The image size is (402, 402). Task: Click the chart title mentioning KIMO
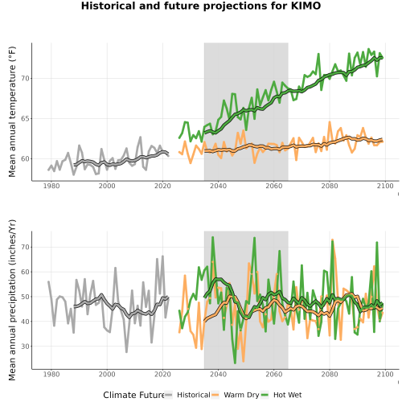point(201,6)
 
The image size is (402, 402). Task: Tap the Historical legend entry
point(187,395)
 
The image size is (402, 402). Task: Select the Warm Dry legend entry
point(236,395)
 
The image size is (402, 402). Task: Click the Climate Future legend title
point(133,395)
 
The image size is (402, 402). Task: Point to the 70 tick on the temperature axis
point(26,79)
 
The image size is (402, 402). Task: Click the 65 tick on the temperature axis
point(26,119)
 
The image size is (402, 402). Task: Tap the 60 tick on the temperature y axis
point(26,158)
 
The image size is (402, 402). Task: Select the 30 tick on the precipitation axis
point(26,346)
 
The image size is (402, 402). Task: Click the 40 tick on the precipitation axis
point(26,321)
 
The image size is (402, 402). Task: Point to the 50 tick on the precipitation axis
point(26,297)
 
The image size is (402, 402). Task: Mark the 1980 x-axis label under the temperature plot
point(51,186)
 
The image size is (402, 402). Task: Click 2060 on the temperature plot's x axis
point(274,186)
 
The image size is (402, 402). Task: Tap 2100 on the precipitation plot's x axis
point(385,374)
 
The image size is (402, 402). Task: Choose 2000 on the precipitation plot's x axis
point(107,374)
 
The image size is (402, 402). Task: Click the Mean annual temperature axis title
point(12,112)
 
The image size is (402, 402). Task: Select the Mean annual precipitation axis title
point(12,300)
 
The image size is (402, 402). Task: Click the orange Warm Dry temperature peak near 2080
point(330,122)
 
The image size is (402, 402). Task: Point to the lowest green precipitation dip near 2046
point(235,363)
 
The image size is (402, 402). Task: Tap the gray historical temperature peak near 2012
point(141,137)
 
